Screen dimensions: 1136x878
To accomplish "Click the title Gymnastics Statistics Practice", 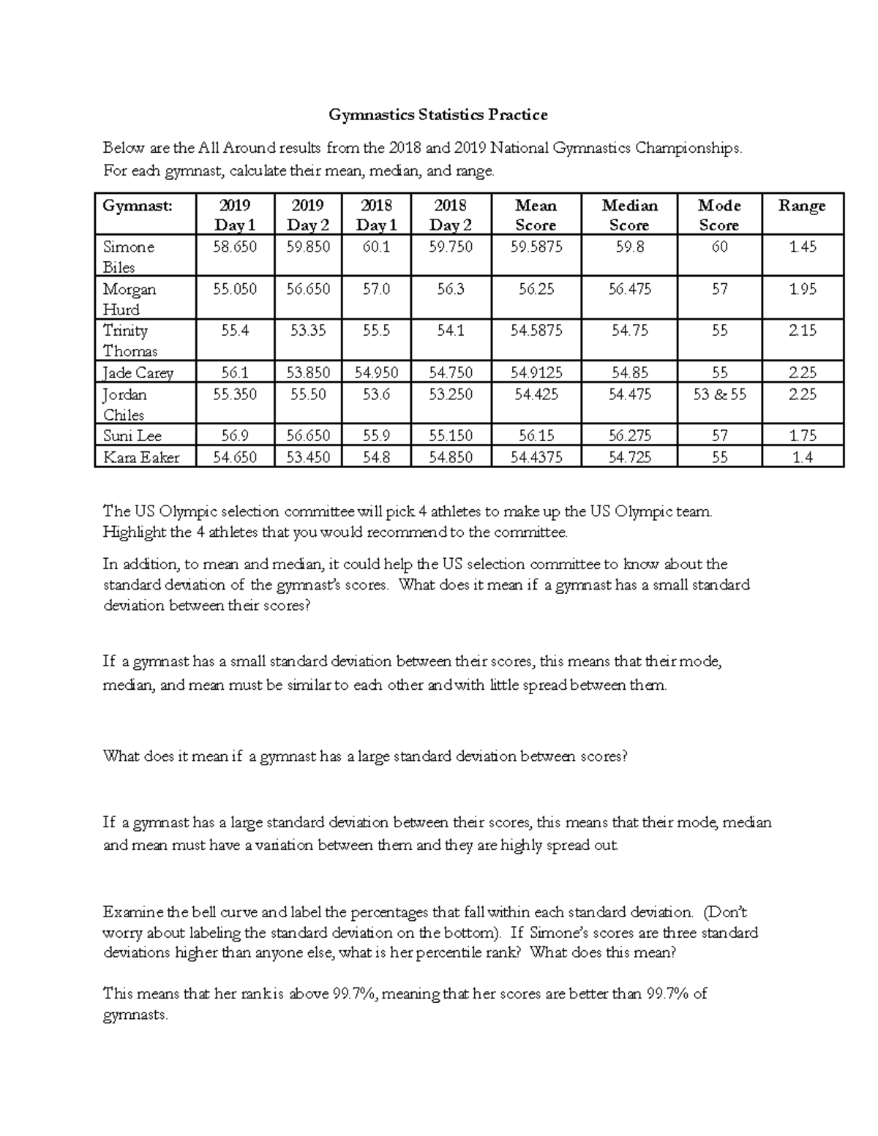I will click(x=438, y=115).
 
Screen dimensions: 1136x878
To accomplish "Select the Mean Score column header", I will click(x=536, y=215).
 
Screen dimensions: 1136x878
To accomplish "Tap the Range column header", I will click(x=802, y=206).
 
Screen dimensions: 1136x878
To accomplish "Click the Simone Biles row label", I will click(x=129, y=257).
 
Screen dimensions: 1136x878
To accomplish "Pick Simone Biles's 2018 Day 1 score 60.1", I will click(x=376, y=247).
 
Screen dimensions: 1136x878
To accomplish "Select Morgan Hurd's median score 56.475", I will click(x=629, y=290).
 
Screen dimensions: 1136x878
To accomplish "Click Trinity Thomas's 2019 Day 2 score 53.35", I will click(x=307, y=331).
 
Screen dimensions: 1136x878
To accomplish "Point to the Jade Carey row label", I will click(x=138, y=373).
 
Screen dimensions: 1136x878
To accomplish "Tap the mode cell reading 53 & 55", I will click(x=719, y=395).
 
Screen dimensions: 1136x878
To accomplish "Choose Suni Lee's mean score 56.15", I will click(x=536, y=436).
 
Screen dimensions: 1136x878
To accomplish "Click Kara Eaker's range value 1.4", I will click(x=803, y=458).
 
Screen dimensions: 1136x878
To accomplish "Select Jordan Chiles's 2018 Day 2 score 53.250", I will click(x=450, y=395).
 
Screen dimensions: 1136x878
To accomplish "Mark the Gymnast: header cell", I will click(x=138, y=206).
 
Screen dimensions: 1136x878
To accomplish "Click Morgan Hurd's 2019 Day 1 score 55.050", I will click(x=234, y=290).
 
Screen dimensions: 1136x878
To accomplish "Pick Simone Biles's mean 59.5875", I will click(x=536, y=247).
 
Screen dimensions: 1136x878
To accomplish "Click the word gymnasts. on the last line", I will click(x=136, y=1015).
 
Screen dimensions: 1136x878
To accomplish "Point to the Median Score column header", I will click(x=629, y=215).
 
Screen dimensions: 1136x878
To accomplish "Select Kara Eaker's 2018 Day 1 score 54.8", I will click(x=376, y=458).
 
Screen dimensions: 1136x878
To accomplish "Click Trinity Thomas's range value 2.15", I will click(x=803, y=331).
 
